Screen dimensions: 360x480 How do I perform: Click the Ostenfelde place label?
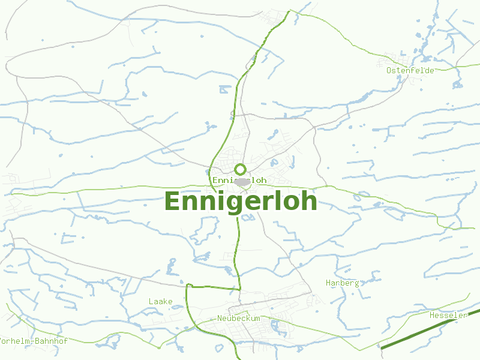pyautogui.click(x=410, y=70)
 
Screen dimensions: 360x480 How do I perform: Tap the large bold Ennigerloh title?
pyautogui.click(x=240, y=202)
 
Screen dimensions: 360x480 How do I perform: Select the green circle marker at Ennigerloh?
pyautogui.click(x=240, y=169)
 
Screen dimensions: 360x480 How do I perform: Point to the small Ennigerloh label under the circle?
pyautogui.click(x=239, y=180)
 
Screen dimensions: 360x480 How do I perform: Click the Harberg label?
pyautogui.click(x=342, y=283)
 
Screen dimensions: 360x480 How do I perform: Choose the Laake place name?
pyautogui.click(x=160, y=301)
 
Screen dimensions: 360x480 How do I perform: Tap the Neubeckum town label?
pyautogui.click(x=239, y=318)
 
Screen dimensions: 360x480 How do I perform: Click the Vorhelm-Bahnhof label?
pyautogui.click(x=34, y=341)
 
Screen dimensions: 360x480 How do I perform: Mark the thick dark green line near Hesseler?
pyautogui.click(x=420, y=333)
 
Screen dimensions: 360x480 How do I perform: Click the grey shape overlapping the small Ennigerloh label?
pyautogui.click(x=242, y=182)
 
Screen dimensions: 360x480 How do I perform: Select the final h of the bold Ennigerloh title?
pyautogui.click(x=308, y=200)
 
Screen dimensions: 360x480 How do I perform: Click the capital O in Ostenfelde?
pyautogui.click(x=389, y=70)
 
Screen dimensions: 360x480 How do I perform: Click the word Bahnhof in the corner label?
pyautogui.click(x=50, y=341)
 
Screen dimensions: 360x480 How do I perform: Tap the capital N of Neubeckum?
pyautogui.click(x=220, y=318)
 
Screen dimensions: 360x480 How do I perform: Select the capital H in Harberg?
pyautogui.click(x=328, y=283)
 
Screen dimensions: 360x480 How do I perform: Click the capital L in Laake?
pyautogui.click(x=151, y=301)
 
